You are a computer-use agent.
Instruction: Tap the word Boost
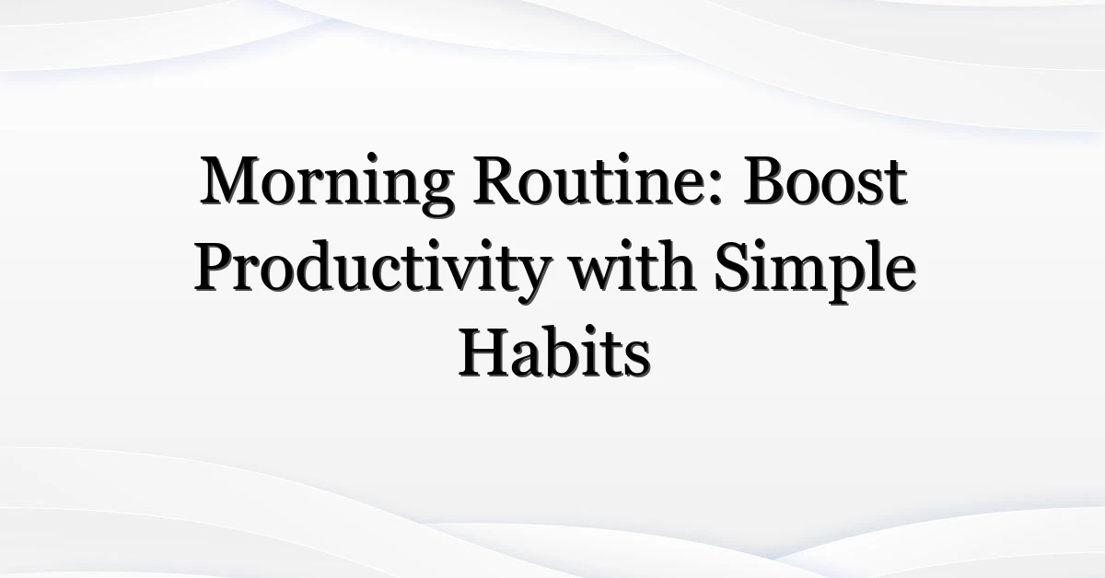click(826, 180)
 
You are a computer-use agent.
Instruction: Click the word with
click(634, 266)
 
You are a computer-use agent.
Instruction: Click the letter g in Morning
click(436, 194)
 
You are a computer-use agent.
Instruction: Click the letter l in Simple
click(867, 266)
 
